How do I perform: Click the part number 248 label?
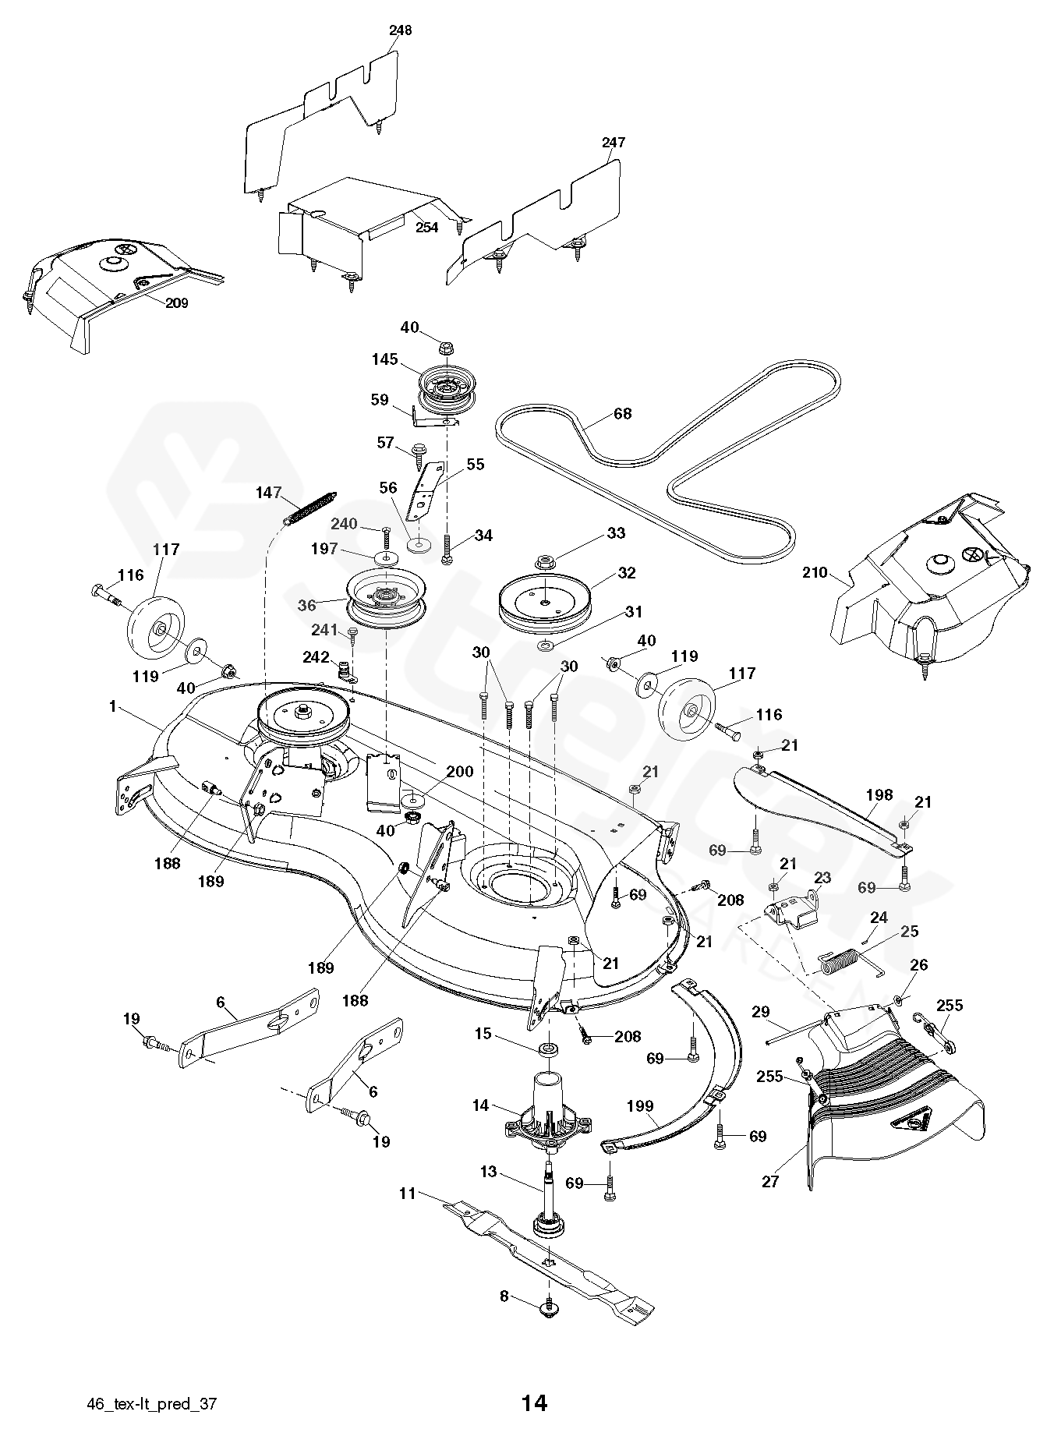point(400,30)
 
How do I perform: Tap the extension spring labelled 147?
point(312,508)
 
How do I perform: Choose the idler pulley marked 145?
point(446,387)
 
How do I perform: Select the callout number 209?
point(176,303)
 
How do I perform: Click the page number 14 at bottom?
point(534,1403)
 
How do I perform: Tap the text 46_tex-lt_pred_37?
point(152,1404)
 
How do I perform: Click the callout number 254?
point(426,227)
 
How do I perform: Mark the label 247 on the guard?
point(614,143)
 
